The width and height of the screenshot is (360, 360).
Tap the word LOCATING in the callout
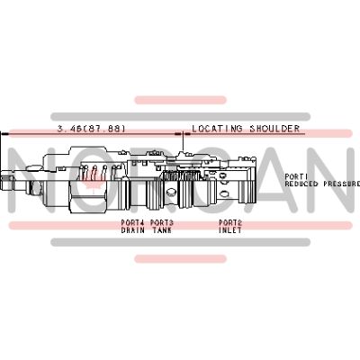(213, 128)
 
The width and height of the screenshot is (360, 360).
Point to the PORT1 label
(296, 176)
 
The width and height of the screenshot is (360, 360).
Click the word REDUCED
(301, 184)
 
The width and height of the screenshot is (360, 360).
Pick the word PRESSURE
(340, 184)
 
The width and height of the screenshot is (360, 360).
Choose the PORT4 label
(132, 222)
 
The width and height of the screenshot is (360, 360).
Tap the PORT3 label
(162, 222)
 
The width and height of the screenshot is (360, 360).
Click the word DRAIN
(132, 229)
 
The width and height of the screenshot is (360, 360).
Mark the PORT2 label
(229, 222)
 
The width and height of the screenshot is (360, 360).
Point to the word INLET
(229, 229)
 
